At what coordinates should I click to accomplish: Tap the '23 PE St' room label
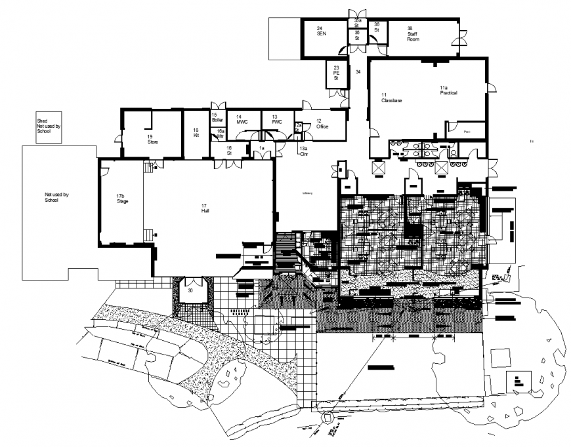click(336, 73)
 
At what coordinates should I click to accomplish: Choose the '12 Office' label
click(322, 124)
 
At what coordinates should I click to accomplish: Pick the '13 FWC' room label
click(276, 120)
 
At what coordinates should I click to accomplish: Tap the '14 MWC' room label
click(242, 120)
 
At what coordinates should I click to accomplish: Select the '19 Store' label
click(152, 139)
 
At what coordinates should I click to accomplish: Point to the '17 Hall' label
click(205, 209)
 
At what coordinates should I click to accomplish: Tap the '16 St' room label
click(230, 151)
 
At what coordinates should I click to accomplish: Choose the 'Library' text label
click(307, 193)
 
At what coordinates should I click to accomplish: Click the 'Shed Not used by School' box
click(48, 126)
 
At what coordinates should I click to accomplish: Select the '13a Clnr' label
click(303, 151)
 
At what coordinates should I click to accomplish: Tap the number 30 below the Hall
click(190, 290)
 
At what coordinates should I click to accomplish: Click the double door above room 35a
click(357, 14)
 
